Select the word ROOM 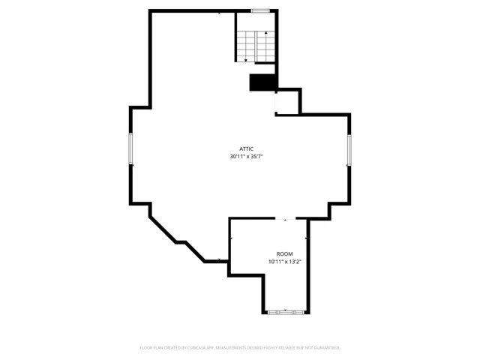[x=284, y=254]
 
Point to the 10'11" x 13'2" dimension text [x=284, y=262]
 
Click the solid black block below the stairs [x=263, y=82]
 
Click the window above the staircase [x=260, y=10]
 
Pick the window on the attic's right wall [x=349, y=151]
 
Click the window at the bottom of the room [x=286, y=311]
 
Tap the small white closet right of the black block [x=287, y=101]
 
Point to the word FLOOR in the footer [x=146, y=348]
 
